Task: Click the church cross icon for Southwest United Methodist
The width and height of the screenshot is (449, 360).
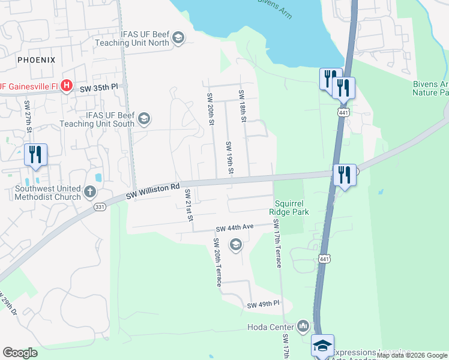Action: pyautogui.click(x=89, y=192)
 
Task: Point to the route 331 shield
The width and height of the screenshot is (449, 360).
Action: pyautogui.click(x=100, y=206)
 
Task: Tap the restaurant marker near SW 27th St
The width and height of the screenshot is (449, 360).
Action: pyautogui.click(x=35, y=154)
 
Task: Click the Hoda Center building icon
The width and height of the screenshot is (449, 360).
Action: pyautogui.click(x=303, y=327)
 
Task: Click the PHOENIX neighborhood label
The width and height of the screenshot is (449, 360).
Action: pyautogui.click(x=36, y=60)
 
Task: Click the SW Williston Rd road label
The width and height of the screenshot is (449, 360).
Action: pyautogui.click(x=153, y=191)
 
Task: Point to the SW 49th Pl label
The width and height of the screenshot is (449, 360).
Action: pyautogui.click(x=264, y=305)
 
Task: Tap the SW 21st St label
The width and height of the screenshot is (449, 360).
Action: pyautogui.click(x=188, y=205)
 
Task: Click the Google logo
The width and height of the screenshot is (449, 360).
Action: pyautogui.click(x=20, y=353)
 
